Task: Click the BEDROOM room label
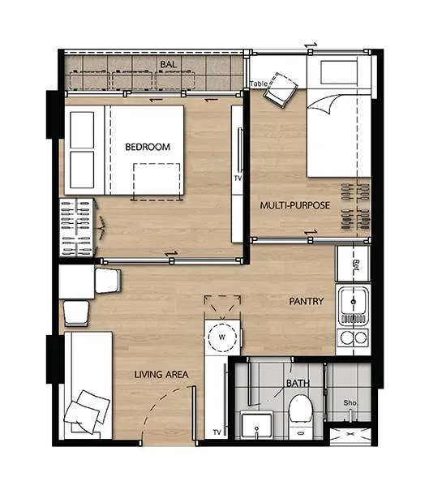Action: [x=148, y=147]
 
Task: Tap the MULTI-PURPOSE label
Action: [x=295, y=205]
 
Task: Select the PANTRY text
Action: [x=307, y=301]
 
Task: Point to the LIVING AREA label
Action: [x=161, y=374]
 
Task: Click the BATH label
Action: [x=298, y=383]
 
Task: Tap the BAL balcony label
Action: [x=168, y=64]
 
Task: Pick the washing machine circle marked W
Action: [x=222, y=337]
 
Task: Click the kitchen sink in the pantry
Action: [x=354, y=302]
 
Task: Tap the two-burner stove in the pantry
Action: [x=354, y=337]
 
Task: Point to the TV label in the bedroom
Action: [x=238, y=178]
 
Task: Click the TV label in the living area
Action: [x=217, y=432]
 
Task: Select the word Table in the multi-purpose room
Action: [x=259, y=84]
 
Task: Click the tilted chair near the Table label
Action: [x=281, y=90]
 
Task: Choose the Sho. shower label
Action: [x=350, y=403]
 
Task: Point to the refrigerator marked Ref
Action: [x=353, y=264]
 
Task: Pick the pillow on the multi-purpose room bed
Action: [x=339, y=72]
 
